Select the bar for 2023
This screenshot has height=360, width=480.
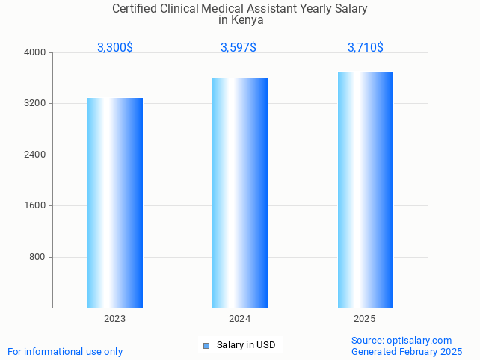115,202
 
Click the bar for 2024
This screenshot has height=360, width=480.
240,193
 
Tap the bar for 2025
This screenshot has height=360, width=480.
365,190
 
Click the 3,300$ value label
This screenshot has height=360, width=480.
115,47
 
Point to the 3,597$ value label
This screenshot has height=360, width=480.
239,47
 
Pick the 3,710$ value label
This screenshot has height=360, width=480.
366,47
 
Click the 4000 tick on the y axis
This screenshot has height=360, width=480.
35,52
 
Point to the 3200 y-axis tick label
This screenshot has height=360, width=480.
35,103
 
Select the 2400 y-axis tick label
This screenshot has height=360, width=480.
35,155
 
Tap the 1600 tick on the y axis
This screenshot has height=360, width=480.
35,205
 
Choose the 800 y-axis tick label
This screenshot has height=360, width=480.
38,257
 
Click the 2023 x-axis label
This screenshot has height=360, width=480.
115,319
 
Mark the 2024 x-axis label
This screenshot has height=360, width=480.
240,319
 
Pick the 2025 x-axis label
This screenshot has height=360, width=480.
365,319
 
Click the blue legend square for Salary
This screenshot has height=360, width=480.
206,345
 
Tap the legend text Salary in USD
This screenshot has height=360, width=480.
246,345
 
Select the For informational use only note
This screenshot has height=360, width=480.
65,351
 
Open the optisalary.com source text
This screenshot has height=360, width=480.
401,340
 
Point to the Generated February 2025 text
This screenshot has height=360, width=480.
407,351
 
